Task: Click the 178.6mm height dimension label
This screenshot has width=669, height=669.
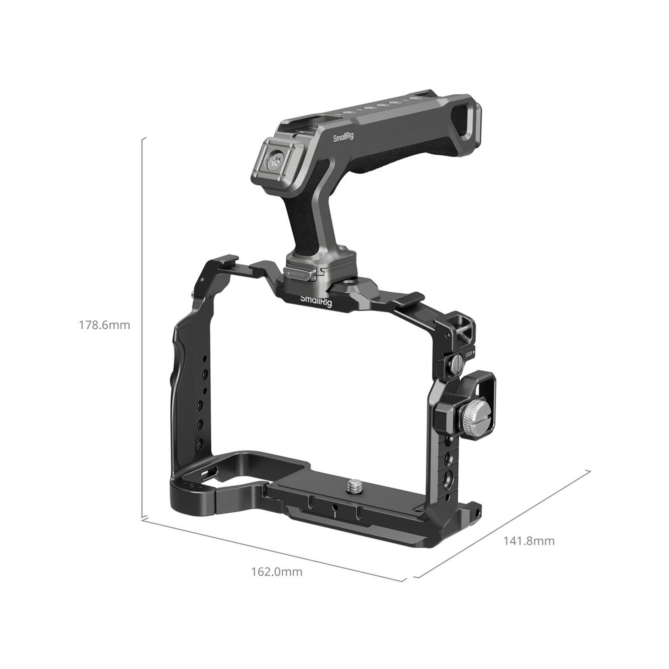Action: click(x=105, y=325)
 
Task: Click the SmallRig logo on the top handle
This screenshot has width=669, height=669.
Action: click(x=343, y=137)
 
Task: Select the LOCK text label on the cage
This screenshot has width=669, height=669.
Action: click(x=469, y=354)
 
